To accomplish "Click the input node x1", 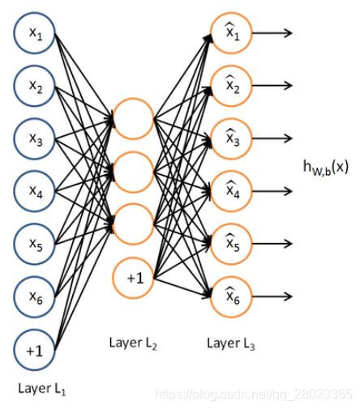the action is pyautogui.click(x=35, y=33).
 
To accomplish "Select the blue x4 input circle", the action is pyautogui.click(x=35, y=191).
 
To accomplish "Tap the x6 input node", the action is pyautogui.click(x=35, y=296).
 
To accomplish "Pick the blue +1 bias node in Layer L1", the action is pyautogui.click(x=35, y=350).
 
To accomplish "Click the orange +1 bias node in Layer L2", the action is pyautogui.click(x=133, y=278).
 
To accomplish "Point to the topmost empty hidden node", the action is pyautogui.click(x=133, y=119).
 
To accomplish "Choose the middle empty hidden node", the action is pyautogui.click(x=133, y=172).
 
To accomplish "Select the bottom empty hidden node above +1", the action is pyautogui.click(x=133, y=224).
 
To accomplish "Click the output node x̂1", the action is pyautogui.click(x=231, y=33).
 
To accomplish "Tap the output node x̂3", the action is pyautogui.click(x=231, y=138).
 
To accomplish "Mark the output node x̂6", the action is pyautogui.click(x=231, y=296).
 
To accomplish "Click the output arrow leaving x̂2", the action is pyautogui.click(x=272, y=86).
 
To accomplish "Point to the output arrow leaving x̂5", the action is pyautogui.click(x=272, y=244).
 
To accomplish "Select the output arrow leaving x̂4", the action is pyautogui.click(x=272, y=191).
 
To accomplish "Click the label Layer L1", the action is pyautogui.click(x=42, y=389).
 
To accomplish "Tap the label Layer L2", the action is pyautogui.click(x=133, y=343).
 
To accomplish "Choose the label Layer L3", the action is pyautogui.click(x=231, y=343).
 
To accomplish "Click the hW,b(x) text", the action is pyautogui.click(x=326, y=168).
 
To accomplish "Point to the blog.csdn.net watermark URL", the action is pyautogui.click(x=254, y=394).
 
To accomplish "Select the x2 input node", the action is pyautogui.click(x=35, y=86).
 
